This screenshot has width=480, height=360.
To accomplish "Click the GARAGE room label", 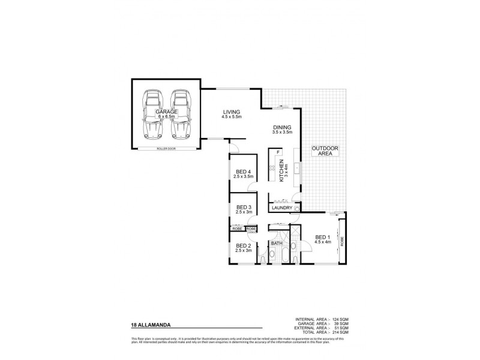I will (166, 112).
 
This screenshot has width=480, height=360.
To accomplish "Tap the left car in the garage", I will (152, 115).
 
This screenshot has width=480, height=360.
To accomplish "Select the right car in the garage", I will (179, 115).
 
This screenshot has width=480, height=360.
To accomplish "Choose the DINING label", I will (281, 127).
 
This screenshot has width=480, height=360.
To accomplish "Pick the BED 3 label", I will (243, 208).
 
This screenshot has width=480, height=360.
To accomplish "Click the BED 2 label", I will (243, 246).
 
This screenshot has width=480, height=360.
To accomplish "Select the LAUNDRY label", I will (281, 208).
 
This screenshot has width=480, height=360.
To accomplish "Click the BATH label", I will (277, 243).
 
